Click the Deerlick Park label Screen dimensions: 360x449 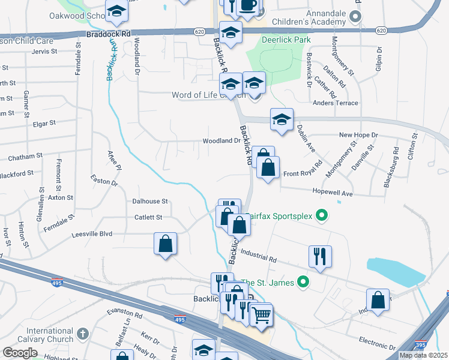[x=286, y=40]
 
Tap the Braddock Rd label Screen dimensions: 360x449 [x=108, y=35]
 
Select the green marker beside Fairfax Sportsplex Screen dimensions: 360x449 [x=322, y=214]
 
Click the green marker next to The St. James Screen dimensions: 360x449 [x=304, y=281]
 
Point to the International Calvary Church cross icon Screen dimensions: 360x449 [x=83, y=332]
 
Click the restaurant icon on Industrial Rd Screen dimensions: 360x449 [x=320, y=256]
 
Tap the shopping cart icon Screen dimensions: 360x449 [x=261, y=314]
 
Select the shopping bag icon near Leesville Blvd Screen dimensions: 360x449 [x=165, y=244]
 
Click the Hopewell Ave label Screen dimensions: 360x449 [x=331, y=193]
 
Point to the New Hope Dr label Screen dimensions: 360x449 [x=358, y=135]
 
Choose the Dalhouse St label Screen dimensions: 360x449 [x=150, y=202]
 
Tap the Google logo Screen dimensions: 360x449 [x=20, y=353]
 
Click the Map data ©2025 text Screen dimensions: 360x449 [x=423, y=355]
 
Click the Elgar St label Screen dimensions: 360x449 [x=44, y=122]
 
